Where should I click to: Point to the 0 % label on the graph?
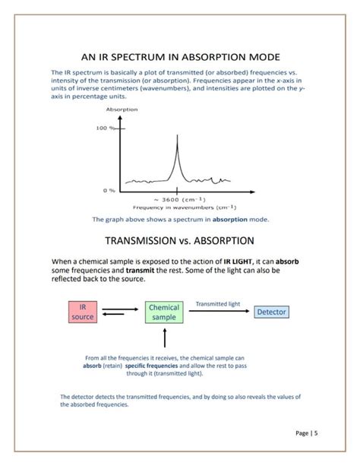108,190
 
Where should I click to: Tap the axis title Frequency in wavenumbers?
185,207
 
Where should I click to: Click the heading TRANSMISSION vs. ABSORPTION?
179,241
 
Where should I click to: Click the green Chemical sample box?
164,312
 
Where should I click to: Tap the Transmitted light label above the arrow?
218,303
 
